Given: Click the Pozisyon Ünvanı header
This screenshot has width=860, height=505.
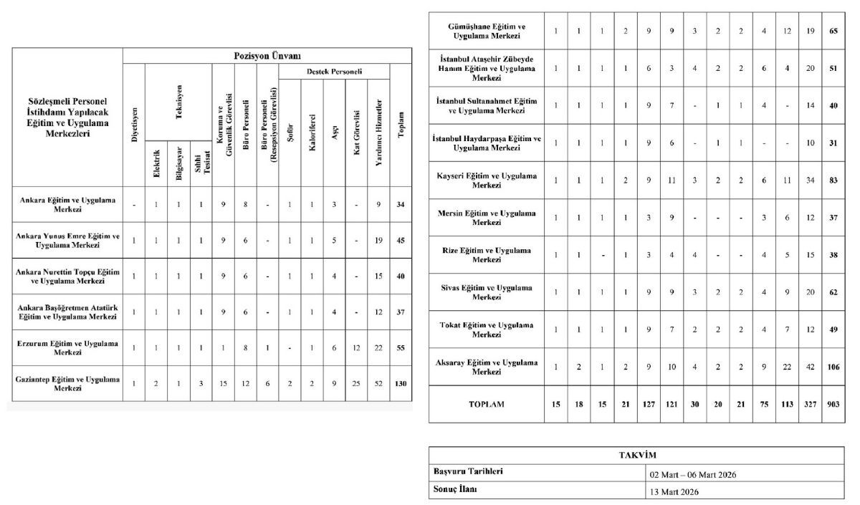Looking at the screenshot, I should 267,56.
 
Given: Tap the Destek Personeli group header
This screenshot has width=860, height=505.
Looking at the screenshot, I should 334,72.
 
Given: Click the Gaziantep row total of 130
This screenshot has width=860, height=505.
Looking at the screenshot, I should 401,383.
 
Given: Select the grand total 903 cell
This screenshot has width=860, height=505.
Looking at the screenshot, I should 833,404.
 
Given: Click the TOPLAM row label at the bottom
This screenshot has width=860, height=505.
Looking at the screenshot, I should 487,404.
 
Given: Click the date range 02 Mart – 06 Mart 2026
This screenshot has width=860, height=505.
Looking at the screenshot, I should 693,474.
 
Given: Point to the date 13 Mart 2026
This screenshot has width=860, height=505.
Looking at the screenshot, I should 674,491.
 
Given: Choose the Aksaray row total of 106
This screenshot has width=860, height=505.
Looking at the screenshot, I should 833,367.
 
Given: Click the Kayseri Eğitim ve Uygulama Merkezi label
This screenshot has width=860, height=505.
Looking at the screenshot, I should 487,180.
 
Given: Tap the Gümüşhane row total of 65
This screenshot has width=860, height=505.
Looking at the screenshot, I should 833,31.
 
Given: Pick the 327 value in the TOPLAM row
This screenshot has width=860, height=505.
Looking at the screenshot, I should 811,404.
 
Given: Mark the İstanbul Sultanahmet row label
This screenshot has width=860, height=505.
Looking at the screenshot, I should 487,105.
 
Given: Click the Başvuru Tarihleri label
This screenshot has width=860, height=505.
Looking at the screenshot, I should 468,472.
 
